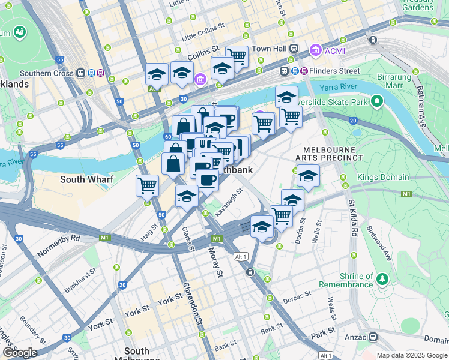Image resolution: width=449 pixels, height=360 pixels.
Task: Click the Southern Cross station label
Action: pos(50,73)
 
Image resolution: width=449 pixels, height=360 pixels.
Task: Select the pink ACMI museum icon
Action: pos(315,50)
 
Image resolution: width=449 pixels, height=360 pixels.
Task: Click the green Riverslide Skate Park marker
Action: pos(377,101)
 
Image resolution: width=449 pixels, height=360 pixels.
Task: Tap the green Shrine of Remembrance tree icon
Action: pos(382,279)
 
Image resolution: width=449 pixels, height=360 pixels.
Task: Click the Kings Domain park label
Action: pos(383,178)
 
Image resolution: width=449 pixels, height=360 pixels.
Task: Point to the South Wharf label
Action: pos(83,179)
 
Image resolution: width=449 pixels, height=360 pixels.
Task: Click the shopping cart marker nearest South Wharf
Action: pos(147,185)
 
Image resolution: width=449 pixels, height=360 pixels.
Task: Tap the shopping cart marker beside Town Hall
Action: pos(237,56)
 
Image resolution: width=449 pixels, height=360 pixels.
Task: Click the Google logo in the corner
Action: pos(20,353)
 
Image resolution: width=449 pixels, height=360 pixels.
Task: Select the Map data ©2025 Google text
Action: pos(411,355)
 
